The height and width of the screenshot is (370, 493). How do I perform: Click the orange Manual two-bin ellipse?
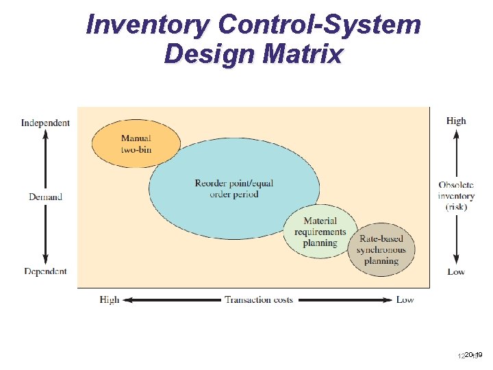136,144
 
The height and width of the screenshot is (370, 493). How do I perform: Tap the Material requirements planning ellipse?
320,231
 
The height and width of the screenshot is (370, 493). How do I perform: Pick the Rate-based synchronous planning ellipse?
381,249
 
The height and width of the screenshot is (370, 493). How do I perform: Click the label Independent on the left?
45,123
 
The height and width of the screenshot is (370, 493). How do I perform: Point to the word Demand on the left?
45,197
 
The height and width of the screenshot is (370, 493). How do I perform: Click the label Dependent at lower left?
45,271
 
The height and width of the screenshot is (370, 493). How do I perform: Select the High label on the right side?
456,121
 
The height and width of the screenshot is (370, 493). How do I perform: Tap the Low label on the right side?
456,272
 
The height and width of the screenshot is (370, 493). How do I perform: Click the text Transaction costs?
259,299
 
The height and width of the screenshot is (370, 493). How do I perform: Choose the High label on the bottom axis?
109,299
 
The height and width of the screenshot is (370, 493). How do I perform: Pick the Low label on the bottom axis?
405,299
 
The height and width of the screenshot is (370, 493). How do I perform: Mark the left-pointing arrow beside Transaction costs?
171,299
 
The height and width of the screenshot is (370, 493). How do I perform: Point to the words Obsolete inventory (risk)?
456,196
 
